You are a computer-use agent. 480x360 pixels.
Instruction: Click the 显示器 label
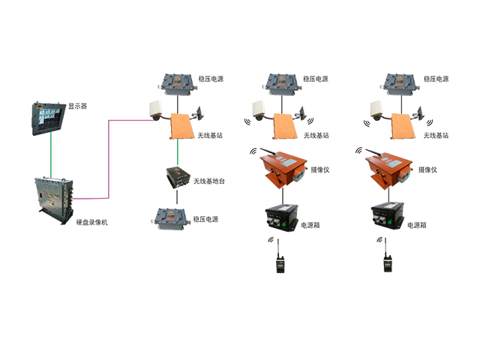(77, 106)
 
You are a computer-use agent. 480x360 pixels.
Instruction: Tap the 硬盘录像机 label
(91, 222)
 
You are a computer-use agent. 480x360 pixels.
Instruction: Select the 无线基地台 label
(209, 181)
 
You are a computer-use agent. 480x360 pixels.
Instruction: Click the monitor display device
(49, 118)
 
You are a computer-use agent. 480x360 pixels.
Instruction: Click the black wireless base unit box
(178, 177)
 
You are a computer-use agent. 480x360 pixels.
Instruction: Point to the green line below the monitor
(51, 155)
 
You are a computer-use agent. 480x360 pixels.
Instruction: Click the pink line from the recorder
(109, 159)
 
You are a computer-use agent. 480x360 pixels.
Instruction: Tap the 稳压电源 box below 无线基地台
(169, 219)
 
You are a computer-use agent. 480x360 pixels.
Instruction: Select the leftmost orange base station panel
(182, 126)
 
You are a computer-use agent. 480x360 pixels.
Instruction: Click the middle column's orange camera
(283, 168)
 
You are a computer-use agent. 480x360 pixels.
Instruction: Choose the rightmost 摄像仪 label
(427, 170)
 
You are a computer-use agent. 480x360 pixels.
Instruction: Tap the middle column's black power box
(281, 217)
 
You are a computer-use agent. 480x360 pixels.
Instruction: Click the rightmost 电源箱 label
(417, 225)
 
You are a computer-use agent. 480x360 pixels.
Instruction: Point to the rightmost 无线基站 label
(436, 135)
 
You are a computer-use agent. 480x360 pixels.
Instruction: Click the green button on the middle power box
(283, 225)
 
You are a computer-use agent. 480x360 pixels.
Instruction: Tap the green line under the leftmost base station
(177, 151)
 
